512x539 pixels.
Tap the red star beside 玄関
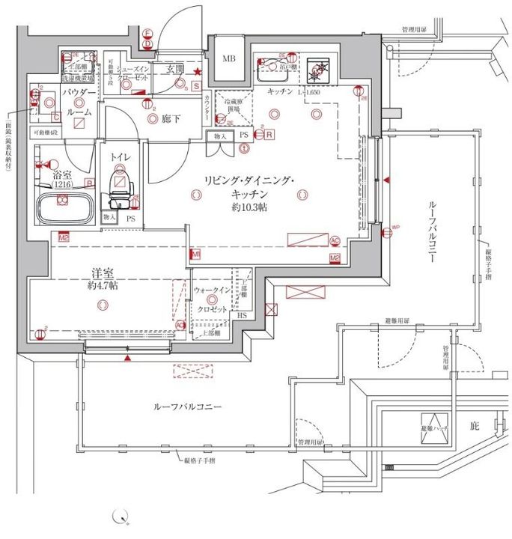[x=198, y=72]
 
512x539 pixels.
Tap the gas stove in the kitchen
[x=323, y=69]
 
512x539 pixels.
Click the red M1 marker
[x=195, y=255]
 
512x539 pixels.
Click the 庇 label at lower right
[x=473, y=425]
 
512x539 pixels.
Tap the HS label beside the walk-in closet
[x=241, y=316]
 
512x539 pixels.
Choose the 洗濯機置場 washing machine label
[x=77, y=77]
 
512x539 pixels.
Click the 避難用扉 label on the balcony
[x=396, y=320]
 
